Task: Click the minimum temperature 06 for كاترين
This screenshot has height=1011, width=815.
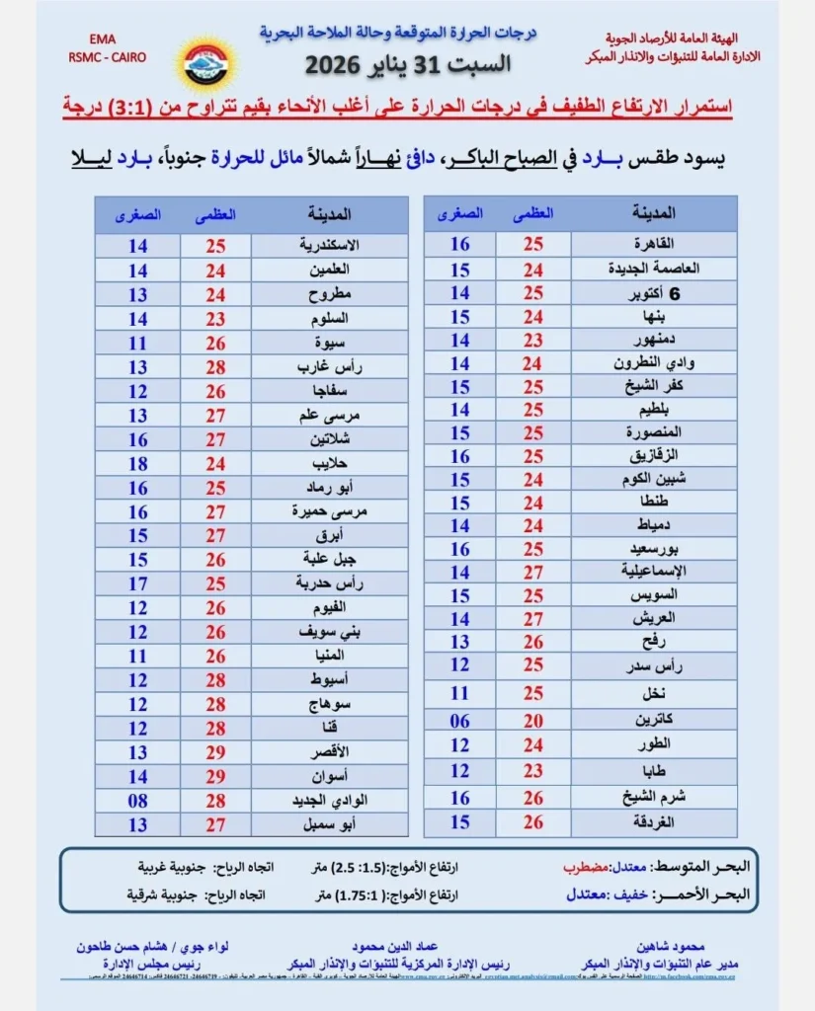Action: pos(460,721)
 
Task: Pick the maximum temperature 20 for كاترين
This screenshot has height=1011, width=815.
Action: pos(533,721)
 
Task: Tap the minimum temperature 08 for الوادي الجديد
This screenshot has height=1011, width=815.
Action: pos(137,800)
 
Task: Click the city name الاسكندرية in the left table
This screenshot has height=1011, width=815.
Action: pos(329,245)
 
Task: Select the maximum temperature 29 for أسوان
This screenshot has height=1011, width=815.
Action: pos(215,776)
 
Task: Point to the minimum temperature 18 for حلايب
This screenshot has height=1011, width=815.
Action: pos(137,463)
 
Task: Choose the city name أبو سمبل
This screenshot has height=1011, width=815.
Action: pos(329,823)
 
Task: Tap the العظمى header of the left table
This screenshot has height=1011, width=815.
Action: pos(215,214)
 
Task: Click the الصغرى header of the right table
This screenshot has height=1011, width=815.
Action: pos(460,213)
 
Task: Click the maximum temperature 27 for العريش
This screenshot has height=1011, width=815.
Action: pos(533,620)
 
